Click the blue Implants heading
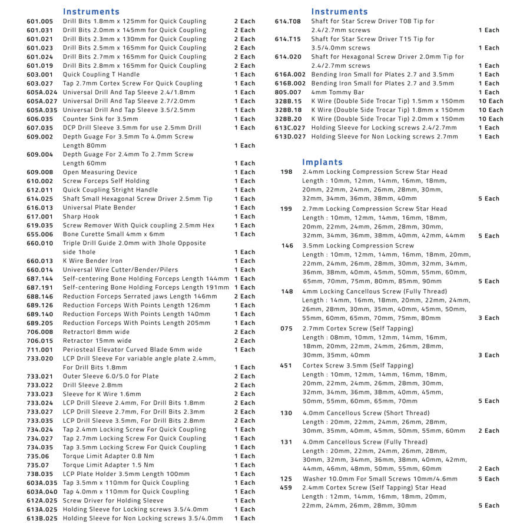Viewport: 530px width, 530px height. click(x=322, y=162)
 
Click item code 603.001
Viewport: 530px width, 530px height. click(x=39, y=75)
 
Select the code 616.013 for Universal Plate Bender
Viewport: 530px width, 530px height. click(x=39, y=208)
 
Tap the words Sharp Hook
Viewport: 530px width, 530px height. click(x=81, y=217)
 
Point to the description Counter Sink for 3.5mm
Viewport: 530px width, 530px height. click(x=101, y=119)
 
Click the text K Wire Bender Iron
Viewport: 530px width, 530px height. click(x=93, y=261)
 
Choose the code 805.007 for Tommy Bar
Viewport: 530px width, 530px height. click(x=288, y=92)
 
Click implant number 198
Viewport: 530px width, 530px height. click(x=287, y=172)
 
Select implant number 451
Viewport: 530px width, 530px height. click(x=286, y=366)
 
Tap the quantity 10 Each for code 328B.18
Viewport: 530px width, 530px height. click(x=491, y=110)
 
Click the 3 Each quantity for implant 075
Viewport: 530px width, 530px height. click(x=488, y=355)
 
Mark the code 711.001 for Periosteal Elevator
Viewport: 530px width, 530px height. click(x=39, y=350)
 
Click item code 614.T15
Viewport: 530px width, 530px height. click(x=288, y=39)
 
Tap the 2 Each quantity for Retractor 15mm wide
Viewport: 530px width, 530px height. click(x=244, y=341)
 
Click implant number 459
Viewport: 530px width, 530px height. click(x=286, y=488)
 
